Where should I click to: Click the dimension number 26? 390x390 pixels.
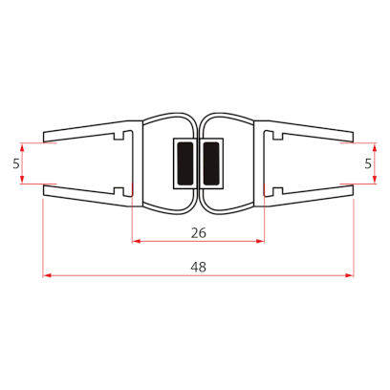tap(199, 231)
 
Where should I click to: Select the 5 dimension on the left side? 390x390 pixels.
tap(16, 163)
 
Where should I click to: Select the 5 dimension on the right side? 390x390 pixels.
tap(370, 163)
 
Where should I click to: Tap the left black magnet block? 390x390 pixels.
tap(184, 162)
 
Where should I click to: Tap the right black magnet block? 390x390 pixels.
tap(210, 162)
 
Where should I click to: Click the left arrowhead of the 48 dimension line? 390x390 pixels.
tap(47, 277)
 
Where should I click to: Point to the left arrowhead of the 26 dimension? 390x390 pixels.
tap(137, 241)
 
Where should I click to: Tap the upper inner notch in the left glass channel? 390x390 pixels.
tap(119, 140)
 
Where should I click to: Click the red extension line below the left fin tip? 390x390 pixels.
tap(43, 239)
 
